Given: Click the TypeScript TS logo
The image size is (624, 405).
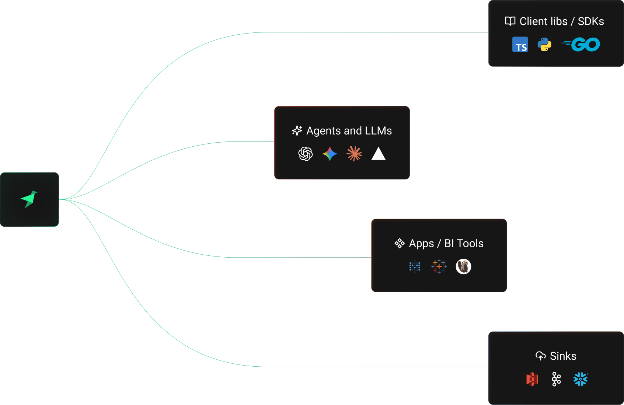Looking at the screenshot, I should click(520, 45).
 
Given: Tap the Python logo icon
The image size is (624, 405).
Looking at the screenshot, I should click(544, 45).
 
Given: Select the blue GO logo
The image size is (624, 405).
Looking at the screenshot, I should click(581, 45).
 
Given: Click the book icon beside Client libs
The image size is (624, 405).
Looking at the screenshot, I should click(510, 21).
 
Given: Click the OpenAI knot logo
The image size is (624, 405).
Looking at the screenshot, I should click(306, 154).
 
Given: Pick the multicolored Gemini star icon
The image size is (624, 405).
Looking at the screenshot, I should click(330, 154).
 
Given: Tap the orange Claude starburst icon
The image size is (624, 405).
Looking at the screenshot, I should click(354, 154).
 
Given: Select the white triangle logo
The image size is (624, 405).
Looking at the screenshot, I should click(379, 154).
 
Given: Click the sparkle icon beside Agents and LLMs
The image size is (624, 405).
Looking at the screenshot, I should click(297, 130).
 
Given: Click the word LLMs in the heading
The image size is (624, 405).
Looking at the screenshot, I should click(378, 130).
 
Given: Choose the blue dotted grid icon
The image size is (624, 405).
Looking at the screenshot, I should click(415, 266).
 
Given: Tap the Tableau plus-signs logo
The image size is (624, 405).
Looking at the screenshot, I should click(439, 266).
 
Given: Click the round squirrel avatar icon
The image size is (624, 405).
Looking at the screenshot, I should click(463, 266).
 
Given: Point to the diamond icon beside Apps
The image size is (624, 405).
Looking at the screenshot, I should click(400, 243).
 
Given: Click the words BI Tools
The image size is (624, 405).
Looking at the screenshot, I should click(464, 243).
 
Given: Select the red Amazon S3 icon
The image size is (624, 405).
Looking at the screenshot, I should click(532, 379).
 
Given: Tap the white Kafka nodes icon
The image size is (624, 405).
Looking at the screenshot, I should click(556, 379).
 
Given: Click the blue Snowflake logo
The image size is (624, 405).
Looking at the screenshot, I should click(581, 379).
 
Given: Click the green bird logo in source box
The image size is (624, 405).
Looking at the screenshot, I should click(29, 199).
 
